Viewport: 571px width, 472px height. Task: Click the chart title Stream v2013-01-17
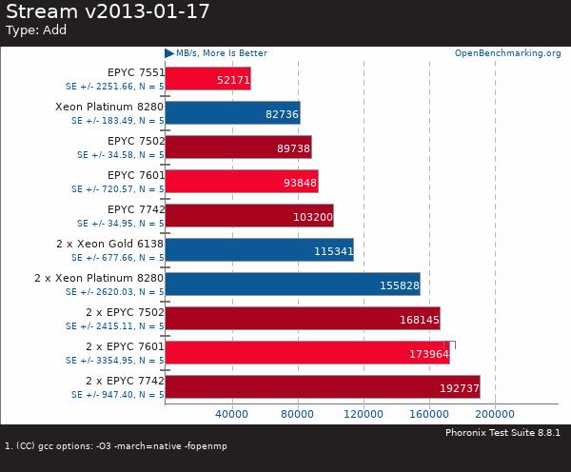pos(108,12)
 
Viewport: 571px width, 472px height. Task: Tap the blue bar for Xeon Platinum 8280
pos(232,113)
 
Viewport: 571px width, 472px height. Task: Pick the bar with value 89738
pos(238,147)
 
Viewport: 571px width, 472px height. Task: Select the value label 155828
pos(398,285)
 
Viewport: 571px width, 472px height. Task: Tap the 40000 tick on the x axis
pos(232,415)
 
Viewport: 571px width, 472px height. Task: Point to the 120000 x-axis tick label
pos(364,415)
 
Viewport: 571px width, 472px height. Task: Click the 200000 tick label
pos(495,415)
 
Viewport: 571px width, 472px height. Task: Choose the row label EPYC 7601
pos(135,175)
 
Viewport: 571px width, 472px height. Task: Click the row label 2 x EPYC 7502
pos(125,312)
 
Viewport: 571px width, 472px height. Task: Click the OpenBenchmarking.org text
pos(507,53)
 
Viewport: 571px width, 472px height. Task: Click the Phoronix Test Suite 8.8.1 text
pos(502,433)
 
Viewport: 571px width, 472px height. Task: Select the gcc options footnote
pos(116,446)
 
